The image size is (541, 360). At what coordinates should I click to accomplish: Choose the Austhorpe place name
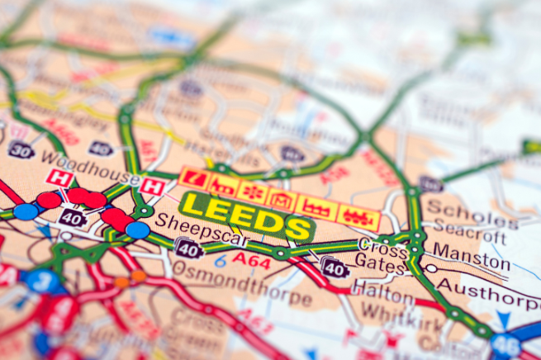tap(487, 288)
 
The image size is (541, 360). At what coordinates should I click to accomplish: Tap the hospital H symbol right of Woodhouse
tap(150, 187)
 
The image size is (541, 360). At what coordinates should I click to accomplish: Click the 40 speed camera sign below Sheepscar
tap(189, 248)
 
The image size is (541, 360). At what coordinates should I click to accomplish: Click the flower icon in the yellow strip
tap(251, 191)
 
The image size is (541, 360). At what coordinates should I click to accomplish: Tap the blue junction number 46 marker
tap(506, 346)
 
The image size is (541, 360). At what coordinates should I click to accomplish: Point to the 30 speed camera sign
tap(21, 149)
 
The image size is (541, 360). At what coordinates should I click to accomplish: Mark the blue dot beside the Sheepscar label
tap(138, 230)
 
